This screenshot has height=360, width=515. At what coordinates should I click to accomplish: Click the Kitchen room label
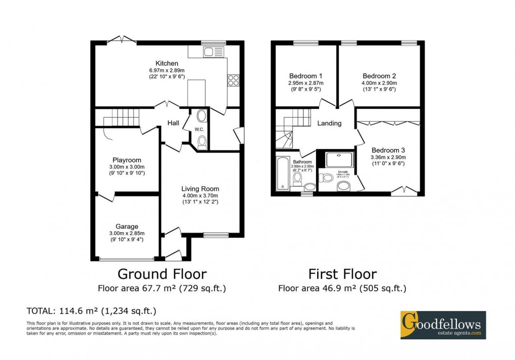click(x=167, y=63)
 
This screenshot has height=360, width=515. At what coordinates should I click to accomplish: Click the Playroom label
click(x=127, y=160)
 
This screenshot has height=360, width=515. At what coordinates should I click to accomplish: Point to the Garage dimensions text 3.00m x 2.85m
click(x=127, y=233)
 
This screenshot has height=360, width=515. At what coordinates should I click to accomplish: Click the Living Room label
click(x=200, y=189)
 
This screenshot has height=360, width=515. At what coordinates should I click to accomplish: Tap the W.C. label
click(x=198, y=129)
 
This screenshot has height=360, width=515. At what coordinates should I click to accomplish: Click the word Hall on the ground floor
click(x=174, y=122)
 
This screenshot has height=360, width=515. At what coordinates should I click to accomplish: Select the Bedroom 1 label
click(x=305, y=76)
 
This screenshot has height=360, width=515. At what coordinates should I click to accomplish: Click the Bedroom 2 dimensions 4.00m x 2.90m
click(x=378, y=83)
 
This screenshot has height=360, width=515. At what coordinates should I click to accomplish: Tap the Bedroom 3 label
click(x=388, y=150)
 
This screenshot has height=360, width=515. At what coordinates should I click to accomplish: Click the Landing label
click(x=329, y=123)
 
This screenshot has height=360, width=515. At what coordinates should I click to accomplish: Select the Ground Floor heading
click(x=162, y=274)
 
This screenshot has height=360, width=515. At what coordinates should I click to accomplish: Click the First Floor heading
click(x=342, y=274)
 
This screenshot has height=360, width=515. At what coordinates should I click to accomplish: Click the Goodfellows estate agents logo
click(x=443, y=324)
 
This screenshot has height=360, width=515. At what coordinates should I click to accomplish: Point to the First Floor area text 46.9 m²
click(x=342, y=289)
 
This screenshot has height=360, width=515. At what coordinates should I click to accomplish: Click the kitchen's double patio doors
click(x=122, y=40)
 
